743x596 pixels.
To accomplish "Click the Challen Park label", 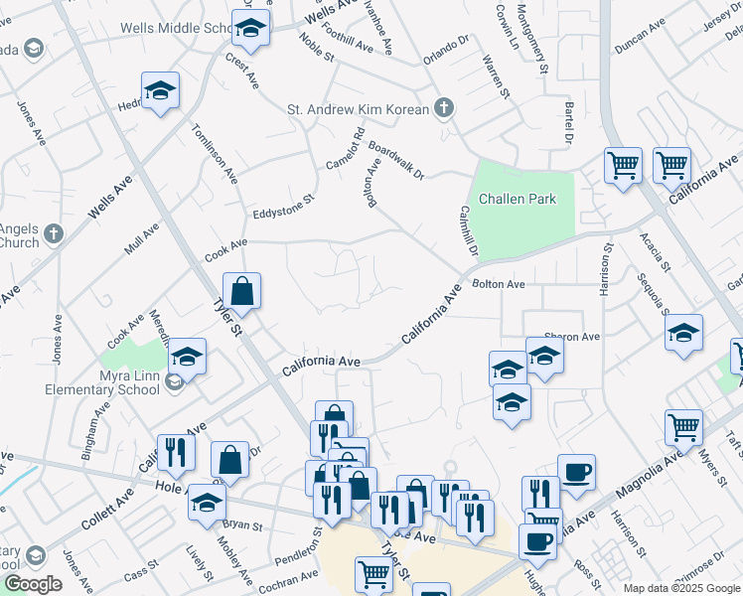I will (x=517, y=199).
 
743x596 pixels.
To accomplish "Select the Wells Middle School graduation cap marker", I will (x=251, y=30).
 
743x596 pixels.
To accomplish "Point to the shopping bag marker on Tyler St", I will (x=241, y=293).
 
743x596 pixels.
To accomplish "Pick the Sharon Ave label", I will (x=571, y=337).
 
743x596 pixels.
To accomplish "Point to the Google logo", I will (x=32, y=584).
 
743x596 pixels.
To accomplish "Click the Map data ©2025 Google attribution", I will (x=680, y=588).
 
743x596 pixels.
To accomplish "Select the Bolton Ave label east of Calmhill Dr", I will (x=499, y=284).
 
